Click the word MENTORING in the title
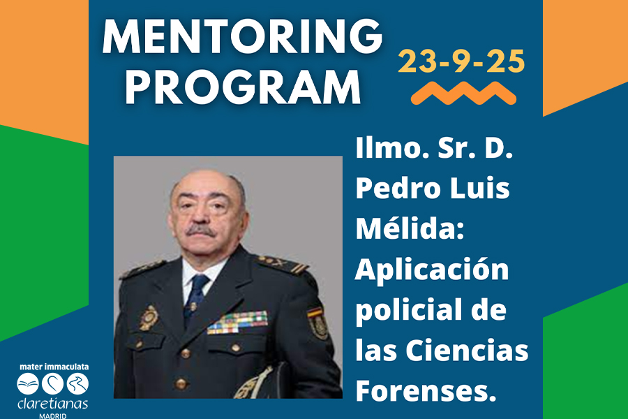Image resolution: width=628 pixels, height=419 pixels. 242,36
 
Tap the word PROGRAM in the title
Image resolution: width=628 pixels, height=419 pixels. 243,87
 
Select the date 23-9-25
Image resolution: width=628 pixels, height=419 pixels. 461,61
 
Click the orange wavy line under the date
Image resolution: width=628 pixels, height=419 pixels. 463,93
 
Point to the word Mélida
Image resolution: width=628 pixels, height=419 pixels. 410,228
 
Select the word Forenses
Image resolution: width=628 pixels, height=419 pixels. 426,390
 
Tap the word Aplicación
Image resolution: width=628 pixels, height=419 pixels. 432,270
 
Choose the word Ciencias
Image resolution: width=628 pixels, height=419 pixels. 467,350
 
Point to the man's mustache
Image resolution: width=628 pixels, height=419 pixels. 201,230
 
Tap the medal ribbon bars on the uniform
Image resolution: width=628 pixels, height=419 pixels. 237,323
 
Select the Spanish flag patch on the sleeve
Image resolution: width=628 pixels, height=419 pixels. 315,313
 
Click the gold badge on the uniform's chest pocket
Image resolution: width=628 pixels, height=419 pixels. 149,318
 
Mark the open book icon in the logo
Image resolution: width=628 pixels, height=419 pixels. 28,383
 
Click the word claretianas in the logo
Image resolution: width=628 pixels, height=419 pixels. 52,404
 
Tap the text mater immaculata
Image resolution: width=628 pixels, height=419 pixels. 54,367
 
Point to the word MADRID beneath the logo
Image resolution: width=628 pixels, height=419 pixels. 52,416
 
